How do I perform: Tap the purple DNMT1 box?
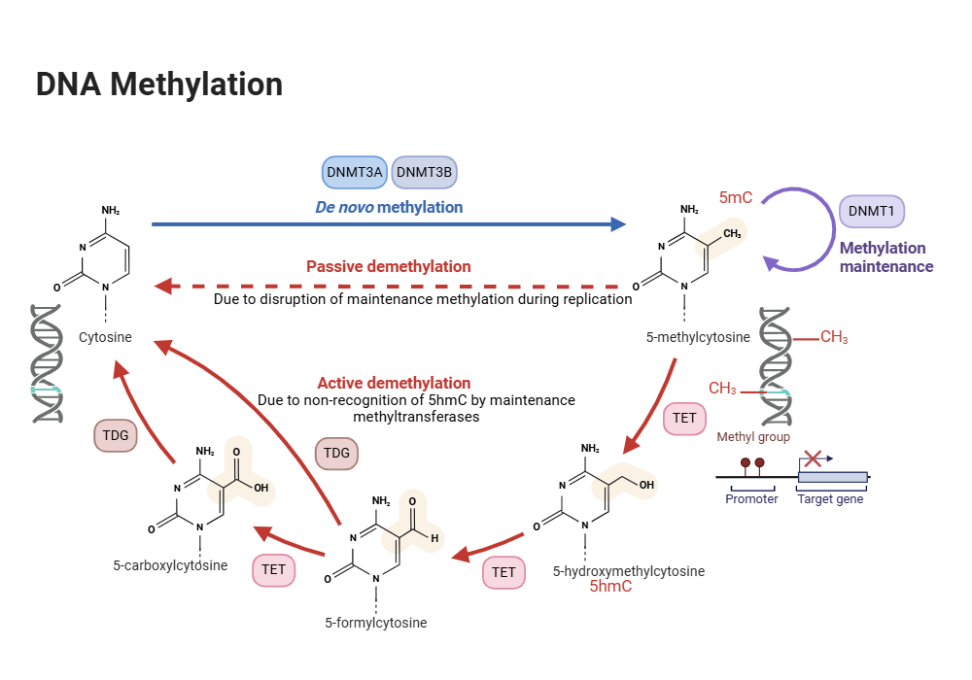click(x=871, y=211)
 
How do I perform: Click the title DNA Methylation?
click(x=159, y=85)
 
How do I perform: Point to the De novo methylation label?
click(x=389, y=207)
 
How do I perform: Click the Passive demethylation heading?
click(x=389, y=266)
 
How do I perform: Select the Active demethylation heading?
click(x=394, y=383)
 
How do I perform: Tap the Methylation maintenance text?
click(x=885, y=256)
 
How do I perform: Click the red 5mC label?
click(x=736, y=198)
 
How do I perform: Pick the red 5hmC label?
click(x=610, y=587)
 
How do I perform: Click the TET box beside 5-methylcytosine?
click(x=684, y=419)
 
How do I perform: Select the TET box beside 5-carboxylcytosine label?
click(x=274, y=569)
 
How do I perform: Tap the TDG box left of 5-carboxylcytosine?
click(x=116, y=435)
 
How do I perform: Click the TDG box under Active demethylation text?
click(x=336, y=453)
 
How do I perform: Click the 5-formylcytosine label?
click(x=376, y=623)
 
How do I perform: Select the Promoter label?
click(x=751, y=499)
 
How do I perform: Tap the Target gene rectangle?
click(x=832, y=477)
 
